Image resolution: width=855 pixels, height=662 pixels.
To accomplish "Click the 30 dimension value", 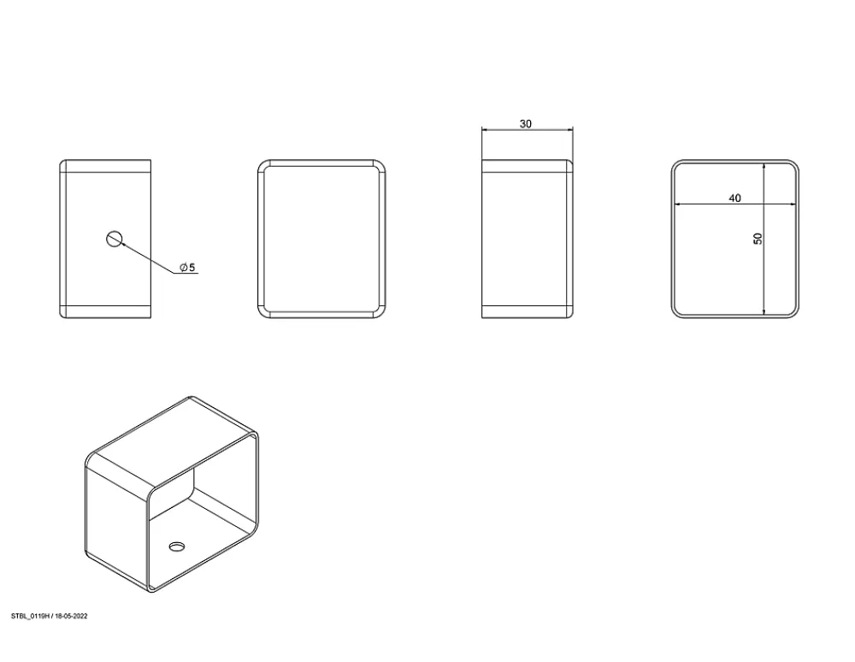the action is point(525,124).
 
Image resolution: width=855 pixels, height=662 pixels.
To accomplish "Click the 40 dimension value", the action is point(734,198).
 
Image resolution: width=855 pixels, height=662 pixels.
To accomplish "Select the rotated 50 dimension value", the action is point(758,239).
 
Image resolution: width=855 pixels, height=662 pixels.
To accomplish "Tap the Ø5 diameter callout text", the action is point(187,267).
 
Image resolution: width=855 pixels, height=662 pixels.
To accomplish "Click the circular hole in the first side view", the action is point(114,239).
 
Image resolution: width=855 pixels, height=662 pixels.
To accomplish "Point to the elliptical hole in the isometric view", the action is point(177,546).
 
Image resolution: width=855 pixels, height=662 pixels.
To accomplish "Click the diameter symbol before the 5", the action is point(184,267).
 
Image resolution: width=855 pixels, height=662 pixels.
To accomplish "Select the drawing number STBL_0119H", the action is point(31,616).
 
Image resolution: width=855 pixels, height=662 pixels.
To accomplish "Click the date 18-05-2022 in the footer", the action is point(71,616).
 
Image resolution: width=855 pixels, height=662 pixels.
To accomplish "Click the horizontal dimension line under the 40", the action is point(735,204).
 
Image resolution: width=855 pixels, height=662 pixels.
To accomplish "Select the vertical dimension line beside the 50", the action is point(764,239).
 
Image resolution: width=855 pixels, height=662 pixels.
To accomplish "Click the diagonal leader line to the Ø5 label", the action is point(148,258).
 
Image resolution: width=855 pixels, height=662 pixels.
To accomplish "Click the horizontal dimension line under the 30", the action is point(528,130).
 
